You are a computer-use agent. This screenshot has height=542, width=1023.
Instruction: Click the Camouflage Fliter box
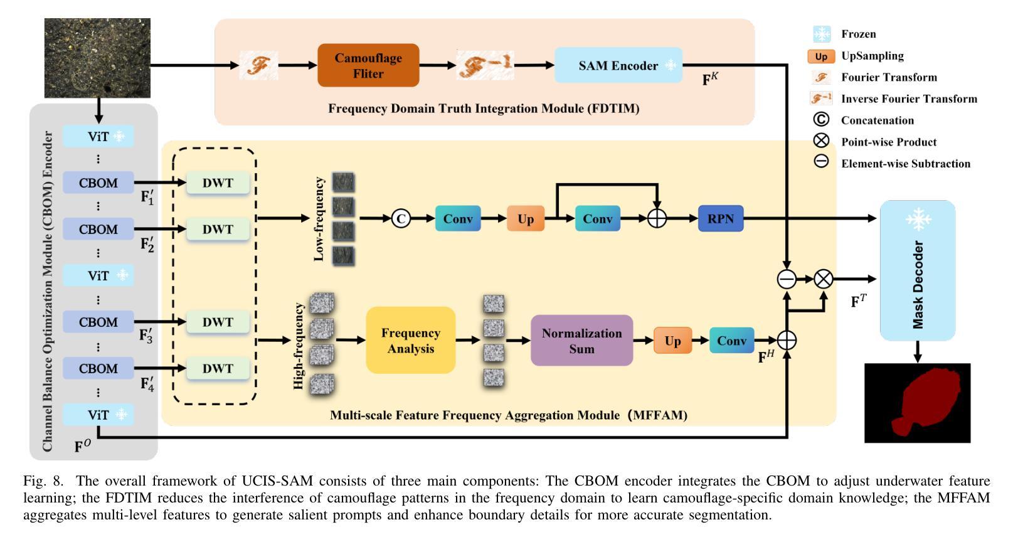click(x=368, y=65)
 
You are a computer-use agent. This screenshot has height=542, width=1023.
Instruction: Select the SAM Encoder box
click(x=618, y=65)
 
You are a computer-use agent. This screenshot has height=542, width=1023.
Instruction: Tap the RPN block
click(x=720, y=219)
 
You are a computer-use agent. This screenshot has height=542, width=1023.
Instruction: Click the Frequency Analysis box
click(x=410, y=341)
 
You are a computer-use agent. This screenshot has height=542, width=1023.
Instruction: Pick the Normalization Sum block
click(x=581, y=341)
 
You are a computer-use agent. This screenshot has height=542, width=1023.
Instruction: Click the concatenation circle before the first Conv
click(x=401, y=219)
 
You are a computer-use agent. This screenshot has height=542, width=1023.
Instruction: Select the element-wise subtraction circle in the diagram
click(x=787, y=279)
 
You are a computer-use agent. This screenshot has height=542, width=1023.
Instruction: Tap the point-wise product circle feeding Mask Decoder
click(x=823, y=279)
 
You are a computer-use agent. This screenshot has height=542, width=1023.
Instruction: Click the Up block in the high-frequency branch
click(x=672, y=341)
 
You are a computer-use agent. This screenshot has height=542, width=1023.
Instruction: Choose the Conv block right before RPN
click(x=597, y=219)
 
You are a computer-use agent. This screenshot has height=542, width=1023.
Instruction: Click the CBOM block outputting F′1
click(x=98, y=183)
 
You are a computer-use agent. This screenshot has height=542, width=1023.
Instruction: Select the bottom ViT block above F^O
click(x=98, y=415)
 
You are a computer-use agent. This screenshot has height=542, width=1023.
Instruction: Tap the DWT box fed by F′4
click(x=218, y=368)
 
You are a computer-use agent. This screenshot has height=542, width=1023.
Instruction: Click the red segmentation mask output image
click(x=917, y=403)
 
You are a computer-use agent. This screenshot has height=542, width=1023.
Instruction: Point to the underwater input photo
click(x=97, y=58)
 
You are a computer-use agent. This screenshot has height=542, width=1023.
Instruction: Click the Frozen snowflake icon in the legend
click(x=821, y=34)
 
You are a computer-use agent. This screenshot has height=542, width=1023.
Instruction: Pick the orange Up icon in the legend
click(x=821, y=56)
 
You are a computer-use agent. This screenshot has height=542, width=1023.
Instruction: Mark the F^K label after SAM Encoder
click(x=709, y=79)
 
